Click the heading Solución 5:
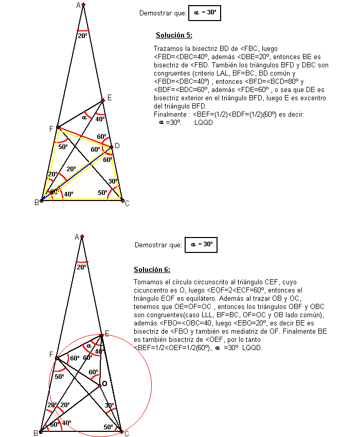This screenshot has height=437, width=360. [174, 35]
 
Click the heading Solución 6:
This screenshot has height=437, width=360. [152, 269]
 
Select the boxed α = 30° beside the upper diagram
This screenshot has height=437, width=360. [204, 13]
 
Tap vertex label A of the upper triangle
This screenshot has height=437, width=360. [79, 5]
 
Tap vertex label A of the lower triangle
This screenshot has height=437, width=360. [77, 236]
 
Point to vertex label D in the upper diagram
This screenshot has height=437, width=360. [117, 146]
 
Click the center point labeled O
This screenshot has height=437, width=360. [104, 384]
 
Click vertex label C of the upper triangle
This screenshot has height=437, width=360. [127, 204]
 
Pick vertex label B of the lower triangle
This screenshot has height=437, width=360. [36, 433]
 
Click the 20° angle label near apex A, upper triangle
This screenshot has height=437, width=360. [82, 36]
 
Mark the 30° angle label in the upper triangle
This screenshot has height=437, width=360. [113, 181]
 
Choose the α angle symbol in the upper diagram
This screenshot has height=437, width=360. [85, 117]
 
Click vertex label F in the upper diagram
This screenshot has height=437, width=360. [51, 129]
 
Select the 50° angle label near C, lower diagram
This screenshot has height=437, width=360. [108, 427]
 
